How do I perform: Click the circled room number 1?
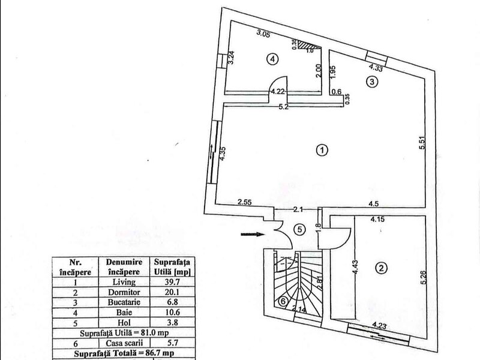322,151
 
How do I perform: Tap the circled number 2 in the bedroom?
381,268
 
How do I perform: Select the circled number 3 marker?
372,82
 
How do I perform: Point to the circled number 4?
272,59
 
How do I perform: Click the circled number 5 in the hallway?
299,229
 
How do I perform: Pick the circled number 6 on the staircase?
283,302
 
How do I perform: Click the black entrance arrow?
253,235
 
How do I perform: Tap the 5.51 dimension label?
422,142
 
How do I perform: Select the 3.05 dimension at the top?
263,34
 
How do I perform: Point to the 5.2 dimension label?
283,107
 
